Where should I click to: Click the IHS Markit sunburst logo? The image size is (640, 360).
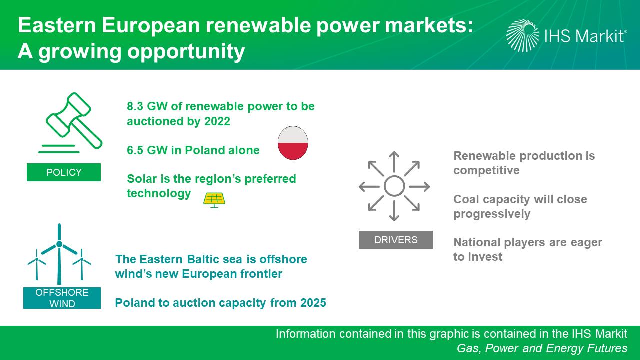point(523,35)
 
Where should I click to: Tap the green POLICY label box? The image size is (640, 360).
point(64,172)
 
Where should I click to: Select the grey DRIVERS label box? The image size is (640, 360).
point(395,240)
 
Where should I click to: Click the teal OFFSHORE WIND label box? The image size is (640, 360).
point(62,298)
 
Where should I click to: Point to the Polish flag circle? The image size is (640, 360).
point(293,143)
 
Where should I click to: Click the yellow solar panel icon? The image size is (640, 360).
point(214,200)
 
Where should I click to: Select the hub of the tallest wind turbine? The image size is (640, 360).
point(59,244)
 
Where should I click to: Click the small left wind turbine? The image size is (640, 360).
point(37,264)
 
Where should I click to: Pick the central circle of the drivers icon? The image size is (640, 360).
point(394,186)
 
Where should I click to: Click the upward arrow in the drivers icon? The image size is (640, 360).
point(394,162)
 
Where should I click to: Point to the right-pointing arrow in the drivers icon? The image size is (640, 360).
point(419,187)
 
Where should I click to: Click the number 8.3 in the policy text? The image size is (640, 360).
point(135,106)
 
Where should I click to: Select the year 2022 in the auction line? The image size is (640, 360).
point(217,121)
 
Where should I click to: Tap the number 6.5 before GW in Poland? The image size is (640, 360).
point(135,150)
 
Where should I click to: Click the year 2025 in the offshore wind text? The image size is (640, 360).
point(313,303)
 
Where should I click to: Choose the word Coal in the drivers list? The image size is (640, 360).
point(465,199)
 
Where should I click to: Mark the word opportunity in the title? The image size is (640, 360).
point(186,52)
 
